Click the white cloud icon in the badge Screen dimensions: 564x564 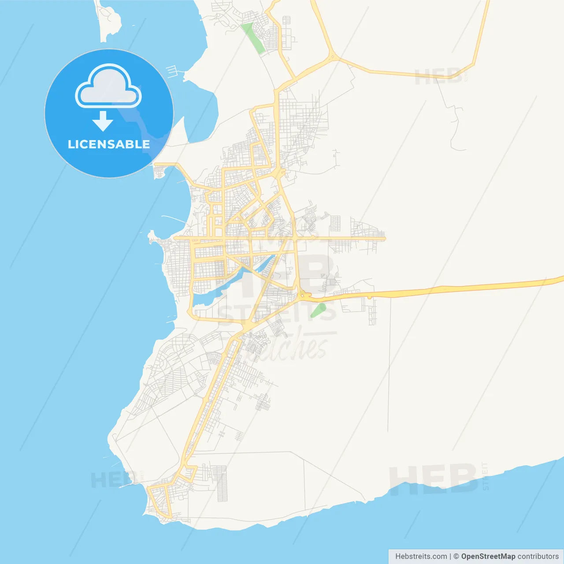pyautogui.click(x=108, y=86)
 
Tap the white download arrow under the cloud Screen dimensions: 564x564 pyautogui.click(x=103, y=121)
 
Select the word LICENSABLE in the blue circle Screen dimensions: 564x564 pyautogui.click(x=109, y=144)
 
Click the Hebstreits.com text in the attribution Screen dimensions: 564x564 pyautogui.click(x=421, y=557)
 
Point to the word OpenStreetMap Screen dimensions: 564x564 pyautogui.click(x=488, y=557)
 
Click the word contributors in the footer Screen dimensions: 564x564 pyautogui.click(x=538, y=557)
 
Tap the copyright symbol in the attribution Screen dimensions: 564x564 pyautogui.click(x=456, y=557)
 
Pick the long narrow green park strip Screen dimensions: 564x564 pyautogui.click(x=253, y=38)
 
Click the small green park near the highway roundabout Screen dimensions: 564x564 pyautogui.click(x=318, y=310)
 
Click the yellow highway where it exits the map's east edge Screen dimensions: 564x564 pyautogui.click(x=560, y=279)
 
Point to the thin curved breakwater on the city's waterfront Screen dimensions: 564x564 pyautogui.click(x=174, y=218)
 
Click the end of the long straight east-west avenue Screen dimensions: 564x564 pyautogui.click(x=384, y=238)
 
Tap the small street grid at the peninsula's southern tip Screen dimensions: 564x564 pyautogui.click(x=160, y=502)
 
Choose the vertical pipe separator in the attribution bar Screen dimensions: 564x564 pyautogui.click(x=450, y=557)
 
